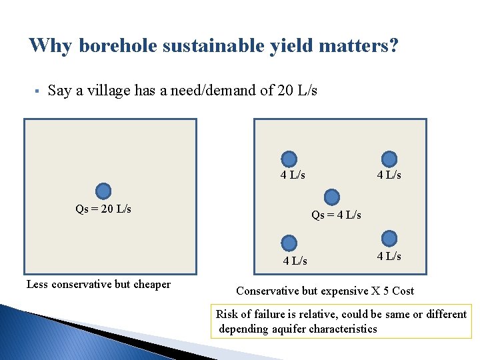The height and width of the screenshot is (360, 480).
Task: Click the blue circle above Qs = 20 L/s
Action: [x=103, y=191]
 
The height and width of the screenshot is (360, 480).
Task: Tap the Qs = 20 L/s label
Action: [x=103, y=209]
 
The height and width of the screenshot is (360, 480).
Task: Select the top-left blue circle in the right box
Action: [x=289, y=159]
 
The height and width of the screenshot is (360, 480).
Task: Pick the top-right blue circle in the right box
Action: [x=389, y=159]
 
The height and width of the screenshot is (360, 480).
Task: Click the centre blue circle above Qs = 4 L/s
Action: [x=331, y=197]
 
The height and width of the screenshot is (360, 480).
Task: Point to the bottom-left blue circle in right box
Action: [x=289, y=243]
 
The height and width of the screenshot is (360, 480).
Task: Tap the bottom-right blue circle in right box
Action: [x=389, y=238]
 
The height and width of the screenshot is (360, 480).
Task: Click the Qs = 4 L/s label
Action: [x=336, y=215]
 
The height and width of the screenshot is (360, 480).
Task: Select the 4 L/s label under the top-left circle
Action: [x=293, y=175]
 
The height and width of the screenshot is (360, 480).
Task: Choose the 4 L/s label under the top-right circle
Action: [x=389, y=175]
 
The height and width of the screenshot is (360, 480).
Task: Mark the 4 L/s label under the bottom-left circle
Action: [x=295, y=261]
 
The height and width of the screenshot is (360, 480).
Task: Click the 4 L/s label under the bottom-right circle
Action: [x=389, y=256]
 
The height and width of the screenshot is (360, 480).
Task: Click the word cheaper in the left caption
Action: [x=152, y=285]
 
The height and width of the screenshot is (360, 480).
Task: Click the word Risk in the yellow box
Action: [x=227, y=314]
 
